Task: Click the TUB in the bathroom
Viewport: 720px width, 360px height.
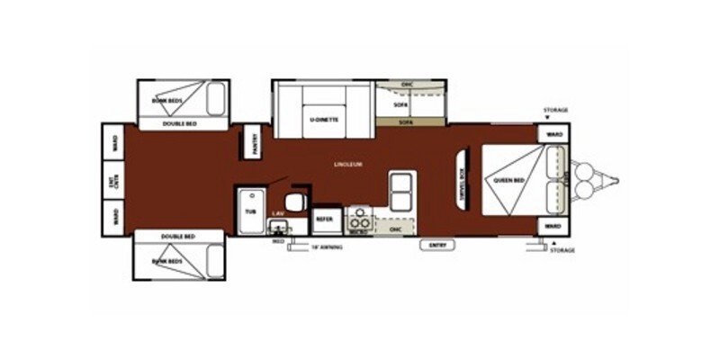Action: tap(250, 211)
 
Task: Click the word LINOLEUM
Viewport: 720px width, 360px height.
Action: tap(347, 165)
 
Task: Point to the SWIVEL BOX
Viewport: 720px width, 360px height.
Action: tap(462, 177)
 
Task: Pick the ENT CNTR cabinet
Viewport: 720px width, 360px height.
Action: tap(114, 180)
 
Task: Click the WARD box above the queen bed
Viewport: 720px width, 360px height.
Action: tap(553, 134)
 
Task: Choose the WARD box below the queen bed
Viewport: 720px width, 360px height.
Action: tap(553, 225)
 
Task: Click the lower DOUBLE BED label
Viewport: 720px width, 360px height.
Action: tap(178, 237)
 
